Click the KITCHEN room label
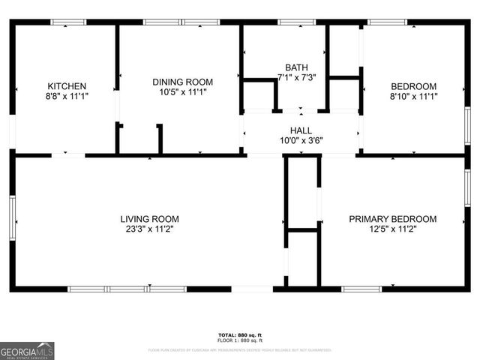(67, 85)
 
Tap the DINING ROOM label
(182, 82)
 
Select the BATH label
(296, 67)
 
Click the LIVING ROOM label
(149, 219)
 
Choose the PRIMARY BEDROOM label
(392, 219)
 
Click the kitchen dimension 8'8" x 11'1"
(67, 96)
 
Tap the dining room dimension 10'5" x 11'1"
(182, 92)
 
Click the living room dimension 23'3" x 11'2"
(149, 229)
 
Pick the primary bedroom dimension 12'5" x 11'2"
(392, 229)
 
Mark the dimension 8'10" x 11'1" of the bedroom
(413, 96)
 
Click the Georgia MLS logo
(27, 351)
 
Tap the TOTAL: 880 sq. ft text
(240, 334)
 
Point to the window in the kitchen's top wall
(68, 22)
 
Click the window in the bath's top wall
(296, 22)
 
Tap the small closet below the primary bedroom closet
(303, 257)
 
